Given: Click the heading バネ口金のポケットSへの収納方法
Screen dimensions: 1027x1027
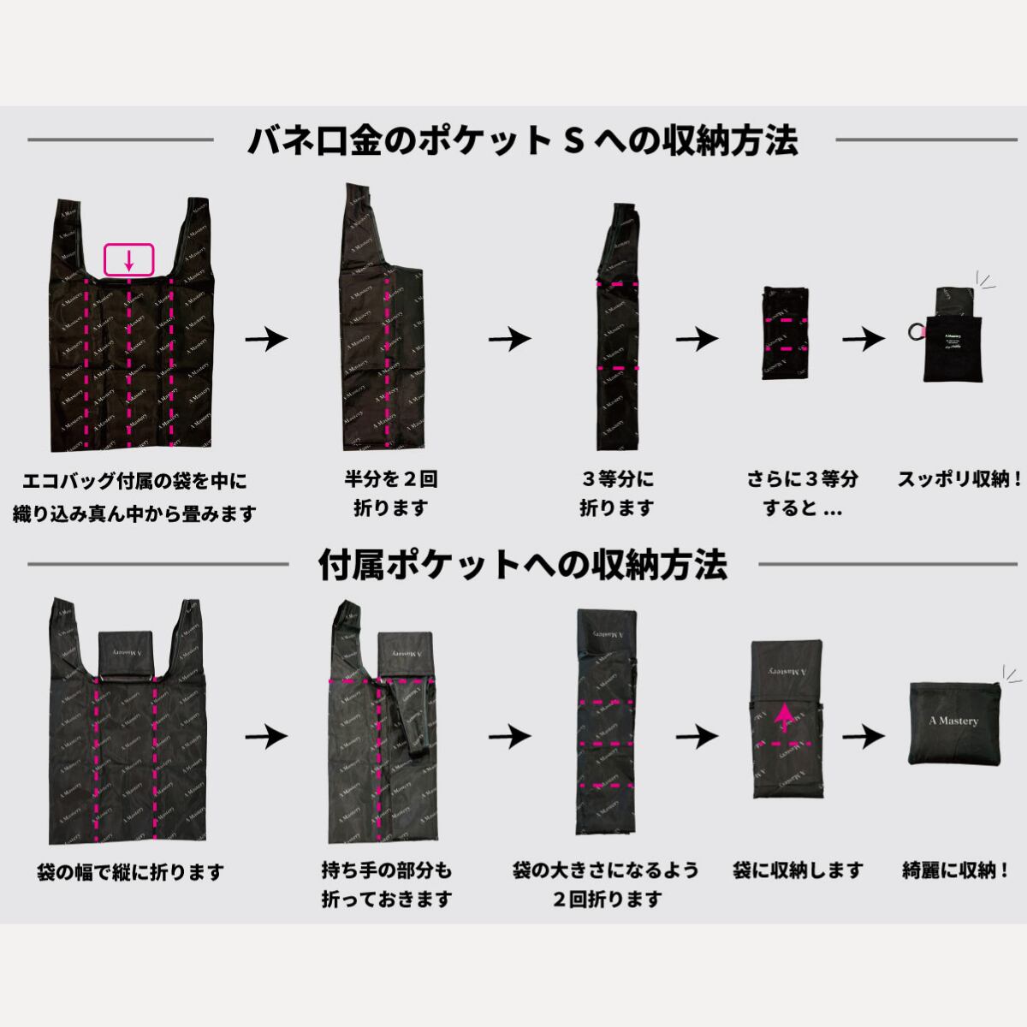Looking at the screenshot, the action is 522,140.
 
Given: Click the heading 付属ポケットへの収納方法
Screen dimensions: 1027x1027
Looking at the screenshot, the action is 522,565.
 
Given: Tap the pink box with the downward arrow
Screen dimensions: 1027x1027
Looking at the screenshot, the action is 128,259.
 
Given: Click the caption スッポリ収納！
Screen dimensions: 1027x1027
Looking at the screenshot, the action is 959,479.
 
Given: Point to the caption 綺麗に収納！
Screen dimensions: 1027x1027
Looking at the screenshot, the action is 956,871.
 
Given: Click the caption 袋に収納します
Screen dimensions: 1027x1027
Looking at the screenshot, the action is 798,871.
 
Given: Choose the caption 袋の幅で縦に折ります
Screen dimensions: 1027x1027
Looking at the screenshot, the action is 129,873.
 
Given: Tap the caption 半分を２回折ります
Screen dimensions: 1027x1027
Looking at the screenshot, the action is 390,493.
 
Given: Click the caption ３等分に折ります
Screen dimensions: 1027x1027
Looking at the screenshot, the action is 616,493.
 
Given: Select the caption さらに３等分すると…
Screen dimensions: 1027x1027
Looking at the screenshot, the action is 802,493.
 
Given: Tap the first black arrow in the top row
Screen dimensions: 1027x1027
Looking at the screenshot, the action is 266,339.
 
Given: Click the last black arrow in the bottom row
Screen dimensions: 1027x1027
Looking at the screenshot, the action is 863,735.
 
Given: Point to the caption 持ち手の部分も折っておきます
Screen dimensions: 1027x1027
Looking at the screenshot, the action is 387,885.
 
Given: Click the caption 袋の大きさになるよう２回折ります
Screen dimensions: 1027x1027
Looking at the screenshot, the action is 605,885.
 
